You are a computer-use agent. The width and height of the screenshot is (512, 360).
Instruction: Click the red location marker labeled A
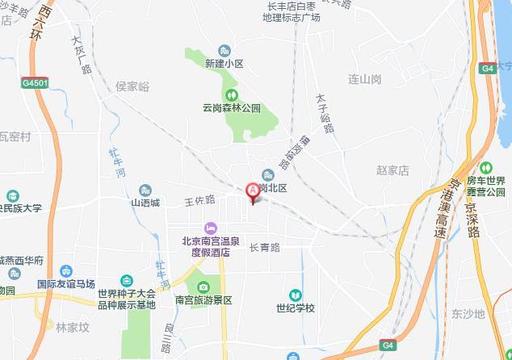coord(252,191)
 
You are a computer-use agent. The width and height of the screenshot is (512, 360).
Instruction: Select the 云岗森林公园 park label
coord(232,107)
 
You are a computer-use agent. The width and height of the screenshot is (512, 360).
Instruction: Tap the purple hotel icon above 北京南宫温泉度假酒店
coord(210,228)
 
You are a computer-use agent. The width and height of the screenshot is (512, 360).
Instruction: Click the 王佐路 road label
coord(199,199)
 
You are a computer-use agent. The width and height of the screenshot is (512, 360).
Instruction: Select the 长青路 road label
coord(263,248)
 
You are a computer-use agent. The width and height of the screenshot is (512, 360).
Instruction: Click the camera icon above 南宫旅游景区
coord(203,287)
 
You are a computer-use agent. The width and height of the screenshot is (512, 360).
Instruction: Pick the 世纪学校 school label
coord(295,308)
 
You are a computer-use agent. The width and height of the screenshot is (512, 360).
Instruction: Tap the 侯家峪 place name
coord(132,86)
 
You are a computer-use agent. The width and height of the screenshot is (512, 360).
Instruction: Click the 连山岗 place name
coord(364,79)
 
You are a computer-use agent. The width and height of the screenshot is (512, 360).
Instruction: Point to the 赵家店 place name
coord(393,170)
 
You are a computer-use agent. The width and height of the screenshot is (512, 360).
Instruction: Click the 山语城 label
coord(145,203)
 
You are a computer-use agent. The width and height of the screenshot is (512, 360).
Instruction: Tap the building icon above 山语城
coord(145,190)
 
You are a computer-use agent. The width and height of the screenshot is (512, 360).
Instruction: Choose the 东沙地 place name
coord(468,314)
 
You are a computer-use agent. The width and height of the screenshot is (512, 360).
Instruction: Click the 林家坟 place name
coord(71,328)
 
